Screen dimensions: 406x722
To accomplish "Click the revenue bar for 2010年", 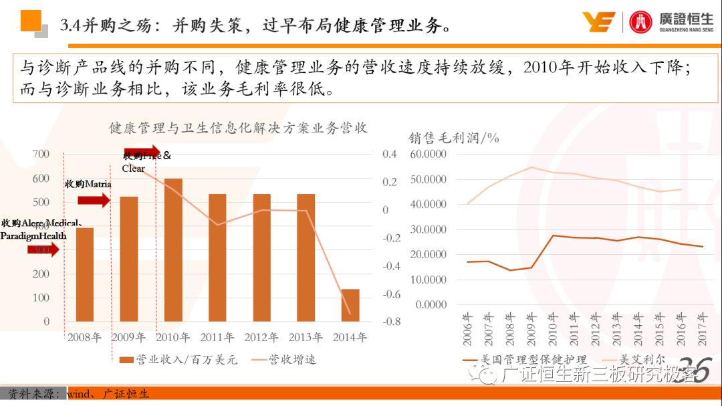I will pos(173,250).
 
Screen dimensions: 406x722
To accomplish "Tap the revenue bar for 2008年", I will pos(85,274).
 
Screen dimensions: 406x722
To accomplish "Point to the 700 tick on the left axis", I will pos(41,155).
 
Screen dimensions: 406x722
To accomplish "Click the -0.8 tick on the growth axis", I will pos(392,322).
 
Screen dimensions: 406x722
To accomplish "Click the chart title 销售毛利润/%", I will pos(454,138).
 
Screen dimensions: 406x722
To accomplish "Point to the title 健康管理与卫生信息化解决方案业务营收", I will pos(238,127).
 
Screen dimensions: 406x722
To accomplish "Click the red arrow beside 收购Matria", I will pos(93,199).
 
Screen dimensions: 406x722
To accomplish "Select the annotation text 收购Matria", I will pos(88,184).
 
